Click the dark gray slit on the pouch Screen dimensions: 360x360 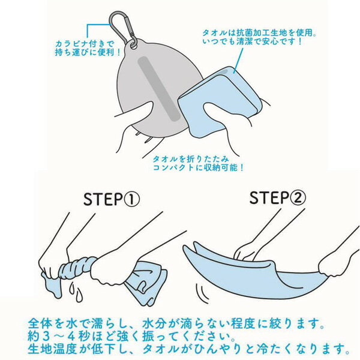pyautogui.click(x=158, y=89)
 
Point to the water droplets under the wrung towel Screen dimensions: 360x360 pyautogui.click(x=76, y=292)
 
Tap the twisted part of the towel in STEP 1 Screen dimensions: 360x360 pyautogui.click(x=78, y=266)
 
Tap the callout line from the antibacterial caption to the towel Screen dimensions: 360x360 pyautogui.click(x=239, y=60)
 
